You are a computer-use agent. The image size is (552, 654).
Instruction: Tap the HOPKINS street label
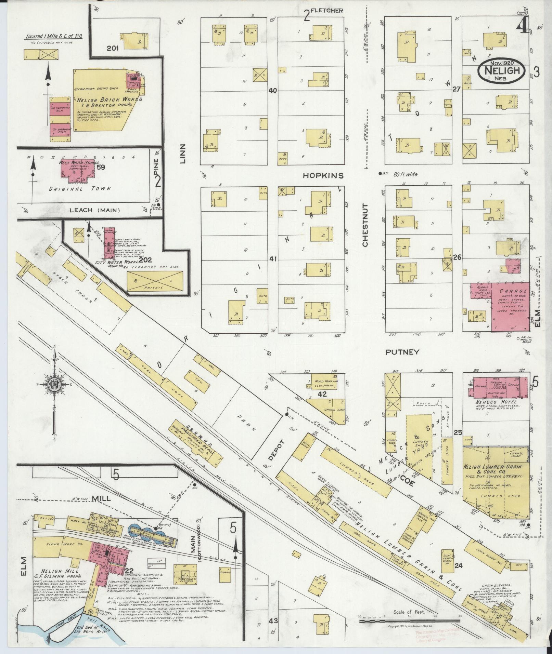tap(323, 175)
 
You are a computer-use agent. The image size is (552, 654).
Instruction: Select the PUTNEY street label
tap(402, 352)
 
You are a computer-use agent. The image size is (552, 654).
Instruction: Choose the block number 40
tap(272, 91)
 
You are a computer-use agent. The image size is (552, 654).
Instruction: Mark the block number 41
tap(272, 259)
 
